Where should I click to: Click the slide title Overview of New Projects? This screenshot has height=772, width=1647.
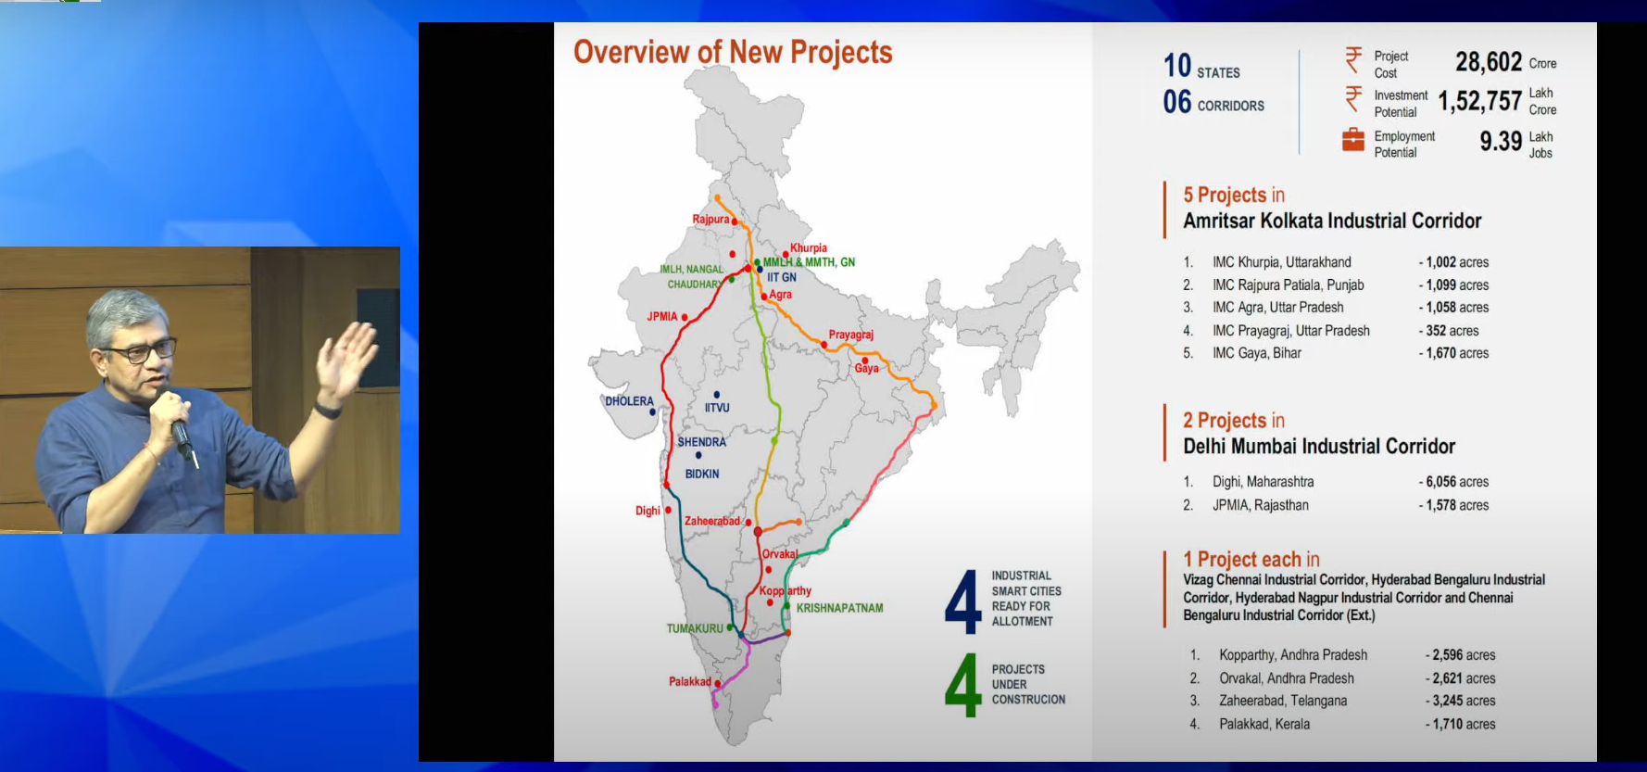[733, 52]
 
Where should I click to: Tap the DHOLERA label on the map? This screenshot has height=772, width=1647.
[629, 401]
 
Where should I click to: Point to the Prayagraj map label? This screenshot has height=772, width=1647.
[850, 335]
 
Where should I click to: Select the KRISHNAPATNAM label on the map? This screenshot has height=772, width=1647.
[839, 608]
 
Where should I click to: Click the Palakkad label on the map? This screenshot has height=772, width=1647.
[690, 681]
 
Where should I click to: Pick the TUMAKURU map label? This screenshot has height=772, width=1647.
[695, 628]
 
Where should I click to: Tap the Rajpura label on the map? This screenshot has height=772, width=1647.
[710, 220]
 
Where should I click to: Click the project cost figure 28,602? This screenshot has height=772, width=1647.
[1489, 62]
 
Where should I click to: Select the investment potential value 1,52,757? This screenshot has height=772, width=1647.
[1479, 101]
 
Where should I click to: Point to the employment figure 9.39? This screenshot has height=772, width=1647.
[1501, 141]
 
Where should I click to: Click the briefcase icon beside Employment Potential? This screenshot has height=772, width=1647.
[1353, 139]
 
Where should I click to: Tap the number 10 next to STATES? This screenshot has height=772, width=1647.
[1177, 66]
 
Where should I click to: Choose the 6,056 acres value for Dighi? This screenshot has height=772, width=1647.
[1457, 482]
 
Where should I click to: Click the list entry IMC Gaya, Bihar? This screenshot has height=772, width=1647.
[1256, 353]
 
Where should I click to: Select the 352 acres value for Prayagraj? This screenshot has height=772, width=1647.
[1452, 331]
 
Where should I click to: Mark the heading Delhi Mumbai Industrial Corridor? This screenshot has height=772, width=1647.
[1319, 447]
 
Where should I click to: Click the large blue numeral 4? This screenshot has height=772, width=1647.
[963, 601]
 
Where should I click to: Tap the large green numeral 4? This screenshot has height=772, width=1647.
[963, 685]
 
